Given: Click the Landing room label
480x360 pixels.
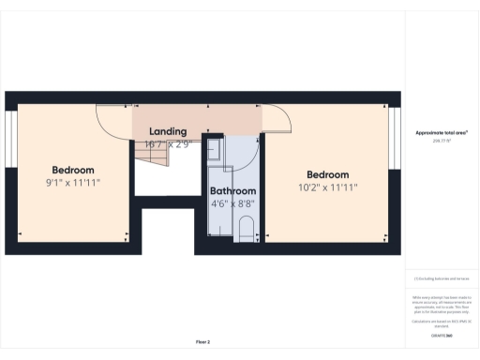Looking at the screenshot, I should pyautogui.click(x=168, y=131).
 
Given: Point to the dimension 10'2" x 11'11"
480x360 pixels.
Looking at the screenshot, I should pyautogui.click(x=327, y=187).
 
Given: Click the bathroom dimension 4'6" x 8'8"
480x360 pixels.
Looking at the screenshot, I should pyautogui.click(x=232, y=202).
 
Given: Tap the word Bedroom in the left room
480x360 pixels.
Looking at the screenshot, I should pyautogui.click(x=72, y=170).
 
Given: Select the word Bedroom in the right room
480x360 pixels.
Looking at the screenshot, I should pyautogui.click(x=327, y=174).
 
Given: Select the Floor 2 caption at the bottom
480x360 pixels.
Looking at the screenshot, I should pyautogui.click(x=202, y=342).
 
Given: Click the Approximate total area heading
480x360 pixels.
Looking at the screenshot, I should pyautogui.click(x=442, y=132).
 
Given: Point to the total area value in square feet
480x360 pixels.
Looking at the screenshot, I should pyautogui.click(x=442, y=141).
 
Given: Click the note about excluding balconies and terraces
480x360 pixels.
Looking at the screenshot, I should pyautogui.click(x=442, y=279).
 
